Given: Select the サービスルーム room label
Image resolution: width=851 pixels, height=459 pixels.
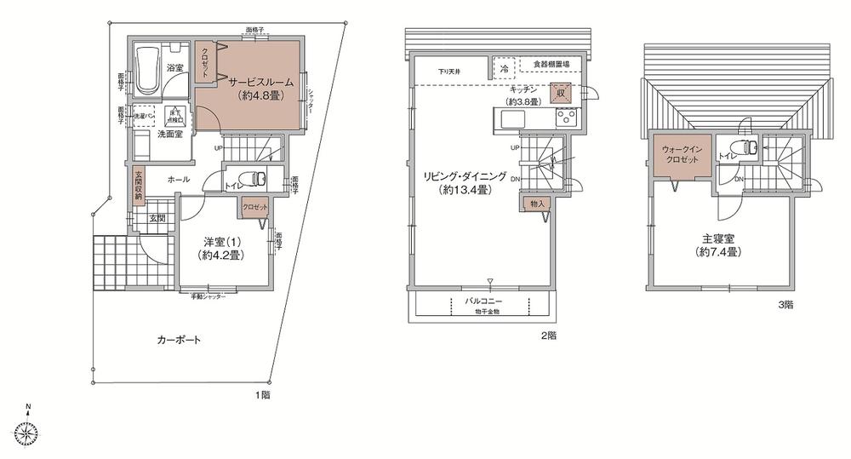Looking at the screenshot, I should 260,82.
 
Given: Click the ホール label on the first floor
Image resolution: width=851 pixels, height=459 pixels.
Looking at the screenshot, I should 178,180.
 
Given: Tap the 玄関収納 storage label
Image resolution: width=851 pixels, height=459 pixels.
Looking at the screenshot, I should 138,186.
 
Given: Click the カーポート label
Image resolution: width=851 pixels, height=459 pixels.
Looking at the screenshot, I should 179,341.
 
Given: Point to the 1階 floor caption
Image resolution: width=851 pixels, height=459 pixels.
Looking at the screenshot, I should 264,395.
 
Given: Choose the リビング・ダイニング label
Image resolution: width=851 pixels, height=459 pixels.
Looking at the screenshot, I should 465,176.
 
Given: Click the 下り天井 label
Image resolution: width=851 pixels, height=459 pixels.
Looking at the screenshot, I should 451,72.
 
